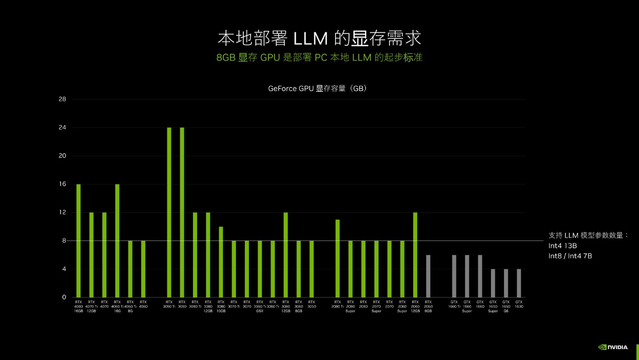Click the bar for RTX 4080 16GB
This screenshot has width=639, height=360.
pos(78,241)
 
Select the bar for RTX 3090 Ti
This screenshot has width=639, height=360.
pos(169,212)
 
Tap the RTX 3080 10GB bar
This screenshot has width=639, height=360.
pos(221,262)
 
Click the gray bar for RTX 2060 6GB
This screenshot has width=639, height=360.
pos(428,276)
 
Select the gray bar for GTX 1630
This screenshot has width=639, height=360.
pos(519,283)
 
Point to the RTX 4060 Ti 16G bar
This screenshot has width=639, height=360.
pos(117,241)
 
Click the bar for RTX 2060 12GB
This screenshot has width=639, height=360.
pos(415,255)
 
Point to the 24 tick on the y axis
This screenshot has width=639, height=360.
pos(62,128)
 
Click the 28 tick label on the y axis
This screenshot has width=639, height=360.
pos(62,99)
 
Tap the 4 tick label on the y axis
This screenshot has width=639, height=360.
pos(64,269)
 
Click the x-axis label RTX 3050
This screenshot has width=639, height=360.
pos(311,304)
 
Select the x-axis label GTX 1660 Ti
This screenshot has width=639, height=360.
pos(454,304)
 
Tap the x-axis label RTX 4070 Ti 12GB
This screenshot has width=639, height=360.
pos(91,307)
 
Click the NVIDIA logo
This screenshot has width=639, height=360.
pos(613,347)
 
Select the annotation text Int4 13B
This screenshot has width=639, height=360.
pos(562,246)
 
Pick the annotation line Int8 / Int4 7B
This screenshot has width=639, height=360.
pos(570,256)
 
